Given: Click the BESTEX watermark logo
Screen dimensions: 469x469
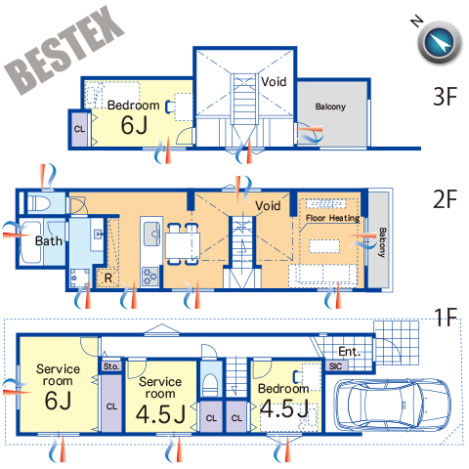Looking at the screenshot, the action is [x=64, y=50].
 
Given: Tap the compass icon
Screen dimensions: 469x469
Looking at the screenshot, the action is [x=440, y=42].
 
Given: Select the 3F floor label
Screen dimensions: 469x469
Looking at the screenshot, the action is [x=446, y=97].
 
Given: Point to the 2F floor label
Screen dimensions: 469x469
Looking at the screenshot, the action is [x=446, y=199].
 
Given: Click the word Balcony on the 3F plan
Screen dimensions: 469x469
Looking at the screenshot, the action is [x=330, y=107].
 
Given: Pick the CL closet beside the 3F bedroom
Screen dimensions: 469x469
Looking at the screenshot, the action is [x=79, y=129].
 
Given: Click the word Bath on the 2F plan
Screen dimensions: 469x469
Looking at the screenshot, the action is [x=49, y=241].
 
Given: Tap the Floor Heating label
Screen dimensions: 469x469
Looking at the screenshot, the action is [x=333, y=218].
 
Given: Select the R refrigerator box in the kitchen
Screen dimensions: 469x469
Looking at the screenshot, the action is [x=107, y=277].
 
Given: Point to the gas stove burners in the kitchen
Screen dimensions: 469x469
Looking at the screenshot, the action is [x=150, y=277].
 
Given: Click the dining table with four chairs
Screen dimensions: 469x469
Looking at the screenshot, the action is [x=183, y=244].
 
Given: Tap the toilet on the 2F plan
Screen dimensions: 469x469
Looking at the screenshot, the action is [x=39, y=204].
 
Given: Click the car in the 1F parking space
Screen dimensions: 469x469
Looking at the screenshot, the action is [x=393, y=405].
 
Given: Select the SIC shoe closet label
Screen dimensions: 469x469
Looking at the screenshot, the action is [x=335, y=366].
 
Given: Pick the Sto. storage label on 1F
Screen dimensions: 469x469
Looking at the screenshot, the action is [x=111, y=366].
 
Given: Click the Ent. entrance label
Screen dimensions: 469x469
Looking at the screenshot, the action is [x=350, y=352].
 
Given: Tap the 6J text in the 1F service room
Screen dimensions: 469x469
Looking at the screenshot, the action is [x=58, y=401].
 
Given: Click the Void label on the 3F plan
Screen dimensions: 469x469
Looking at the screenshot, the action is [x=274, y=82].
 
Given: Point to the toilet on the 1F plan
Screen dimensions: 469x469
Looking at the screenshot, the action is [x=210, y=383].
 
